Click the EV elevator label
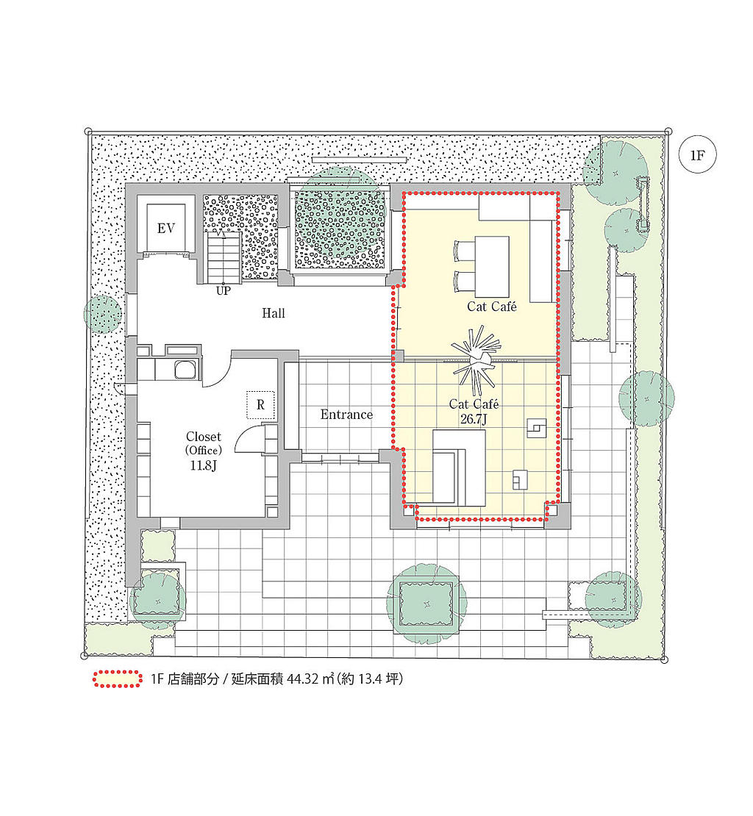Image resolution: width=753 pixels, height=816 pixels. coord(166,228)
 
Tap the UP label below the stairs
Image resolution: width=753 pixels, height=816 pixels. coord(224,291)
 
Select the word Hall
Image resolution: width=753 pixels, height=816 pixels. coord(274,312)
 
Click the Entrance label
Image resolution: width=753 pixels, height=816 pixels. coord(346,414)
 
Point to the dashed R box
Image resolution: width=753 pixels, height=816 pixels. coord(260,404)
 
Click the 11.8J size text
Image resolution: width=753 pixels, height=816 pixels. coord(203,465)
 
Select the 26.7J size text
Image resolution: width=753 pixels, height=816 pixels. coord(474,418)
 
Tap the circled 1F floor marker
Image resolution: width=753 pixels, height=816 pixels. coord(697,154)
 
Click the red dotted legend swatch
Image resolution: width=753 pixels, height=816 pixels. coord(118,679)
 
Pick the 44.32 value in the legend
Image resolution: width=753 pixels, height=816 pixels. coord(303,679)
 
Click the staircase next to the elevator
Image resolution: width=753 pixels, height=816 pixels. coord(224,257)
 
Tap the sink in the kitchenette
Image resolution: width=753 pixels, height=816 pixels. coord(185,370)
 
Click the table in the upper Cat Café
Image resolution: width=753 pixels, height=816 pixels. coord(491,267)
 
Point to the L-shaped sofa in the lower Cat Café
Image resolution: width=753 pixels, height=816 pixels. coord(459,468)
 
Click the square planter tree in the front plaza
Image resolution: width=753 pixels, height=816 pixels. coord(427,604)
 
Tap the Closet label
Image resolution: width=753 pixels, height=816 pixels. coord(204,437)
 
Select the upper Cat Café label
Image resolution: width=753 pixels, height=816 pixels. coord(491,306)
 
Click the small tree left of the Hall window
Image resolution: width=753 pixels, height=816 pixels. coord(103,315)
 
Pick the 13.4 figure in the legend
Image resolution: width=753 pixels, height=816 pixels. coord(369,679)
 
